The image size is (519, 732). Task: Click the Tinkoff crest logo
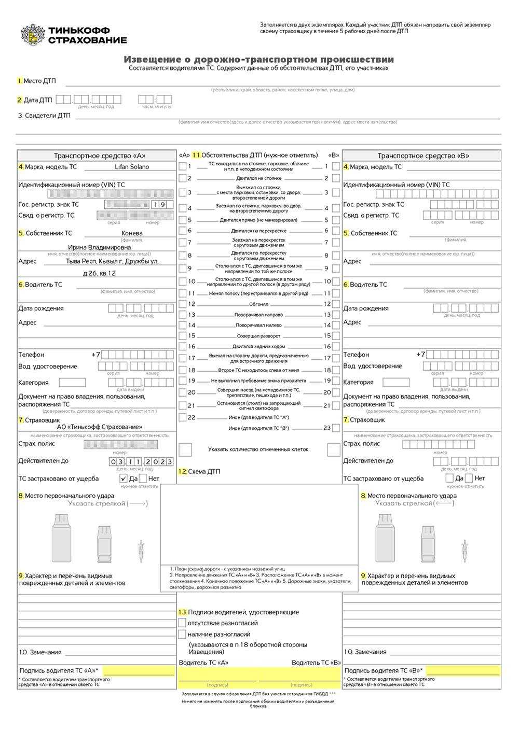[x=33, y=35]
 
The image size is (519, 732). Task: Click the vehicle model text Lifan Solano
[x=132, y=167]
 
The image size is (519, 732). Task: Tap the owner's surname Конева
[x=132, y=233]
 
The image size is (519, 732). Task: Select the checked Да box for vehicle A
[x=124, y=478]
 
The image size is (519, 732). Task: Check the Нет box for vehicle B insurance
[x=469, y=478]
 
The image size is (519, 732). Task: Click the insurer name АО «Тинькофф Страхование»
[x=99, y=427]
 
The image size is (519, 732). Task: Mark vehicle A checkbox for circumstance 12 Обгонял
[x=183, y=304]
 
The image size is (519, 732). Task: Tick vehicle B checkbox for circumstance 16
[x=336, y=346]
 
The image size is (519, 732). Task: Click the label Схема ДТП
[x=203, y=472]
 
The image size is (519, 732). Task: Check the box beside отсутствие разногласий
[x=182, y=623]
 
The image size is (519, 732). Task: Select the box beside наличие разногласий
[x=182, y=634]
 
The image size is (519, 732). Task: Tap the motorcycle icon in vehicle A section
[x=140, y=550]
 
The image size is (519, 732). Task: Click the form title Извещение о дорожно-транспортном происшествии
[x=258, y=60]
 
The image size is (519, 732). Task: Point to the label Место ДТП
[x=39, y=81]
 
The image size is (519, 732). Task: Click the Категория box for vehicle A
[x=72, y=383]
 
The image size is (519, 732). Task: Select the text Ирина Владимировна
[x=99, y=248]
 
